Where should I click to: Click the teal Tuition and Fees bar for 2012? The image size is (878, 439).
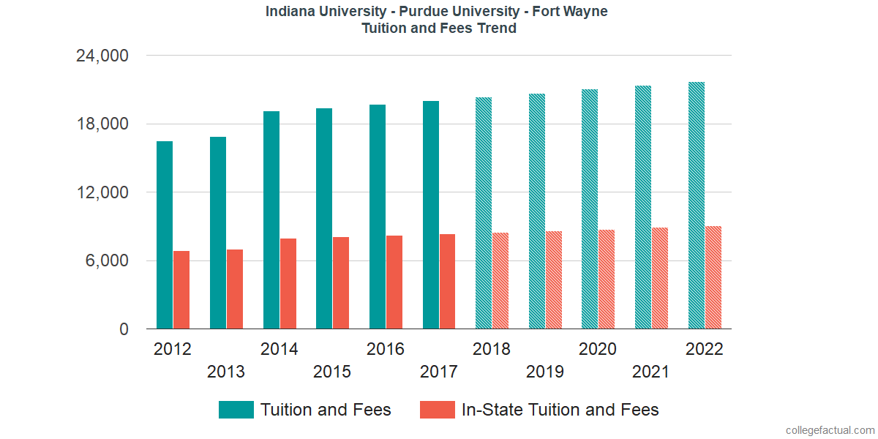pyautogui.click(x=165, y=235)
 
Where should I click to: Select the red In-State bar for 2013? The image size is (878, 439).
pyautogui.click(x=235, y=289)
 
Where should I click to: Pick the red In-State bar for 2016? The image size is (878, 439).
pyautogui.click(x=394, y=282)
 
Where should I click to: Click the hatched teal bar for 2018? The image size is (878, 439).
pyautogui.click(x=484, y=213)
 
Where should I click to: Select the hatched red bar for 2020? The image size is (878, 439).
pyautogui.click(x=607, y=279)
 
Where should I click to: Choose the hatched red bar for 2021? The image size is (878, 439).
pyautogui.click(x=660, y=278)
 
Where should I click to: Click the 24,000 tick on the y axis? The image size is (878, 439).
pyautogui.click(x=102, y=56)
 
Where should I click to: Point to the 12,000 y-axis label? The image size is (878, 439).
pyautogui.click(x=102, y=192)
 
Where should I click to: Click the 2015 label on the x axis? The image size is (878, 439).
pyautogui.click(x=332, y=372)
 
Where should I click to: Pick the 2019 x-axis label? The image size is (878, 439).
pyautogui.click(x=545, y=372)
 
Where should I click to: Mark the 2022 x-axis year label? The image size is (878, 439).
pyautogui.click(x=704, y=349)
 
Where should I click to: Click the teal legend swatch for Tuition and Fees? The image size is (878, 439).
pyautogui.click(x=236, y=410)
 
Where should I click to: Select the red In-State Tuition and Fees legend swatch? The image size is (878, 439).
pyautogui.click(x=438, y=410)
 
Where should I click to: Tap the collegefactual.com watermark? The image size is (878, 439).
pyautogui.click(x=830, y=430)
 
